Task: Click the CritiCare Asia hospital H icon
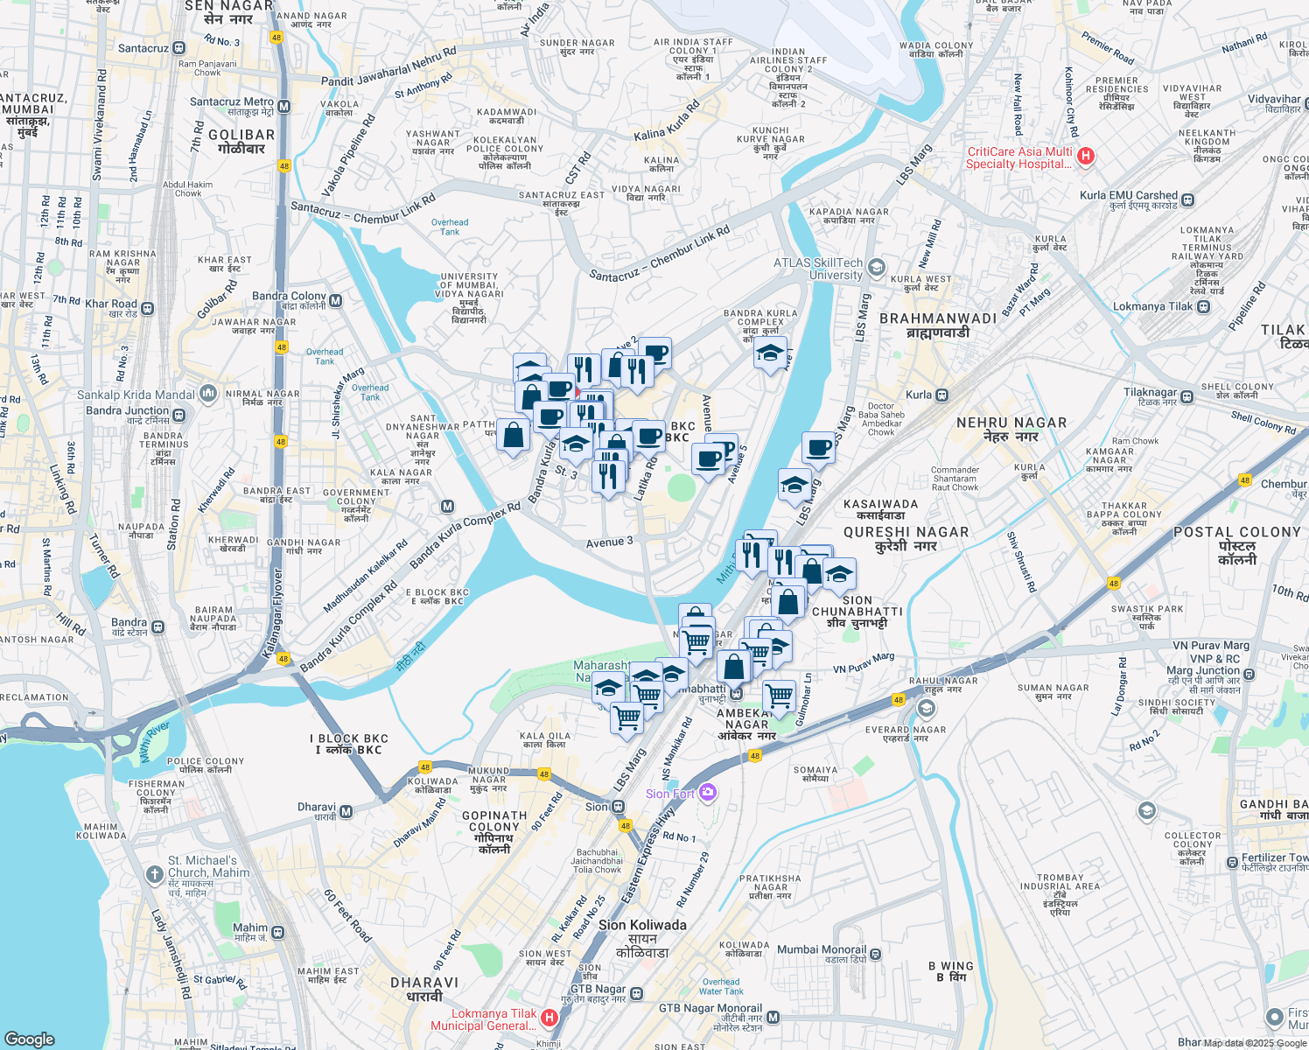(1086, 157)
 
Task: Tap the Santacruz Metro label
(233, 102)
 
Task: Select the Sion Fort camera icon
(708, 793)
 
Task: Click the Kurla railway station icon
(941, 395)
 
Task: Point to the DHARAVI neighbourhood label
(424, 983)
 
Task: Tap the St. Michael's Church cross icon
(155, 873)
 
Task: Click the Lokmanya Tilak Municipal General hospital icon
(549, 1018)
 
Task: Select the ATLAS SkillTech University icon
(877, 268)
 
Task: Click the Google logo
(30, 1039)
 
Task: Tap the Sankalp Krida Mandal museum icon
(207, 394)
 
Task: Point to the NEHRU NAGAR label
(1011, 423)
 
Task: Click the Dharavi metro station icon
(346, 811)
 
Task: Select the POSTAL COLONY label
(1237, 532)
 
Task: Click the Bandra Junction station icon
(179, 411)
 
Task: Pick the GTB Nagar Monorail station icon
(773, 1017)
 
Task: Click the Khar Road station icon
(147, 308)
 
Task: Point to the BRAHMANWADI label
(937, 318)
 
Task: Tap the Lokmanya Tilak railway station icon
(1204, 307)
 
